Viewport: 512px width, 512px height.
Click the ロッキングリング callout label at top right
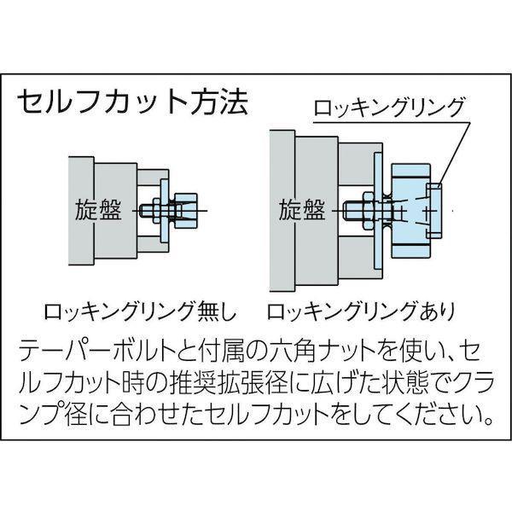(388, 108)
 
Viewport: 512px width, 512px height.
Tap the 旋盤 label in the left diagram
(98, 210)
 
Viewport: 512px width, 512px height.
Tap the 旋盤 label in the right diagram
(302, 210)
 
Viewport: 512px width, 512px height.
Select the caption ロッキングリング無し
(140, 311)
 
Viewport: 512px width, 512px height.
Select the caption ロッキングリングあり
(361, 311)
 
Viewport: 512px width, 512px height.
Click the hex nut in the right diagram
(368, 211)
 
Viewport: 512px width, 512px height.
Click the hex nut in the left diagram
(156, 211)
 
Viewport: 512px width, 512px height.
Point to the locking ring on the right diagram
(433, 211)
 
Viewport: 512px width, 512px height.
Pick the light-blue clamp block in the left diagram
(186, 211)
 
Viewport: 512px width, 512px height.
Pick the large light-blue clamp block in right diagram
(410, 211)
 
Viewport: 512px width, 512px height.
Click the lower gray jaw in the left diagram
(153, 244)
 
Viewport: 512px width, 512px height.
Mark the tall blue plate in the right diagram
(378, 211)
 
